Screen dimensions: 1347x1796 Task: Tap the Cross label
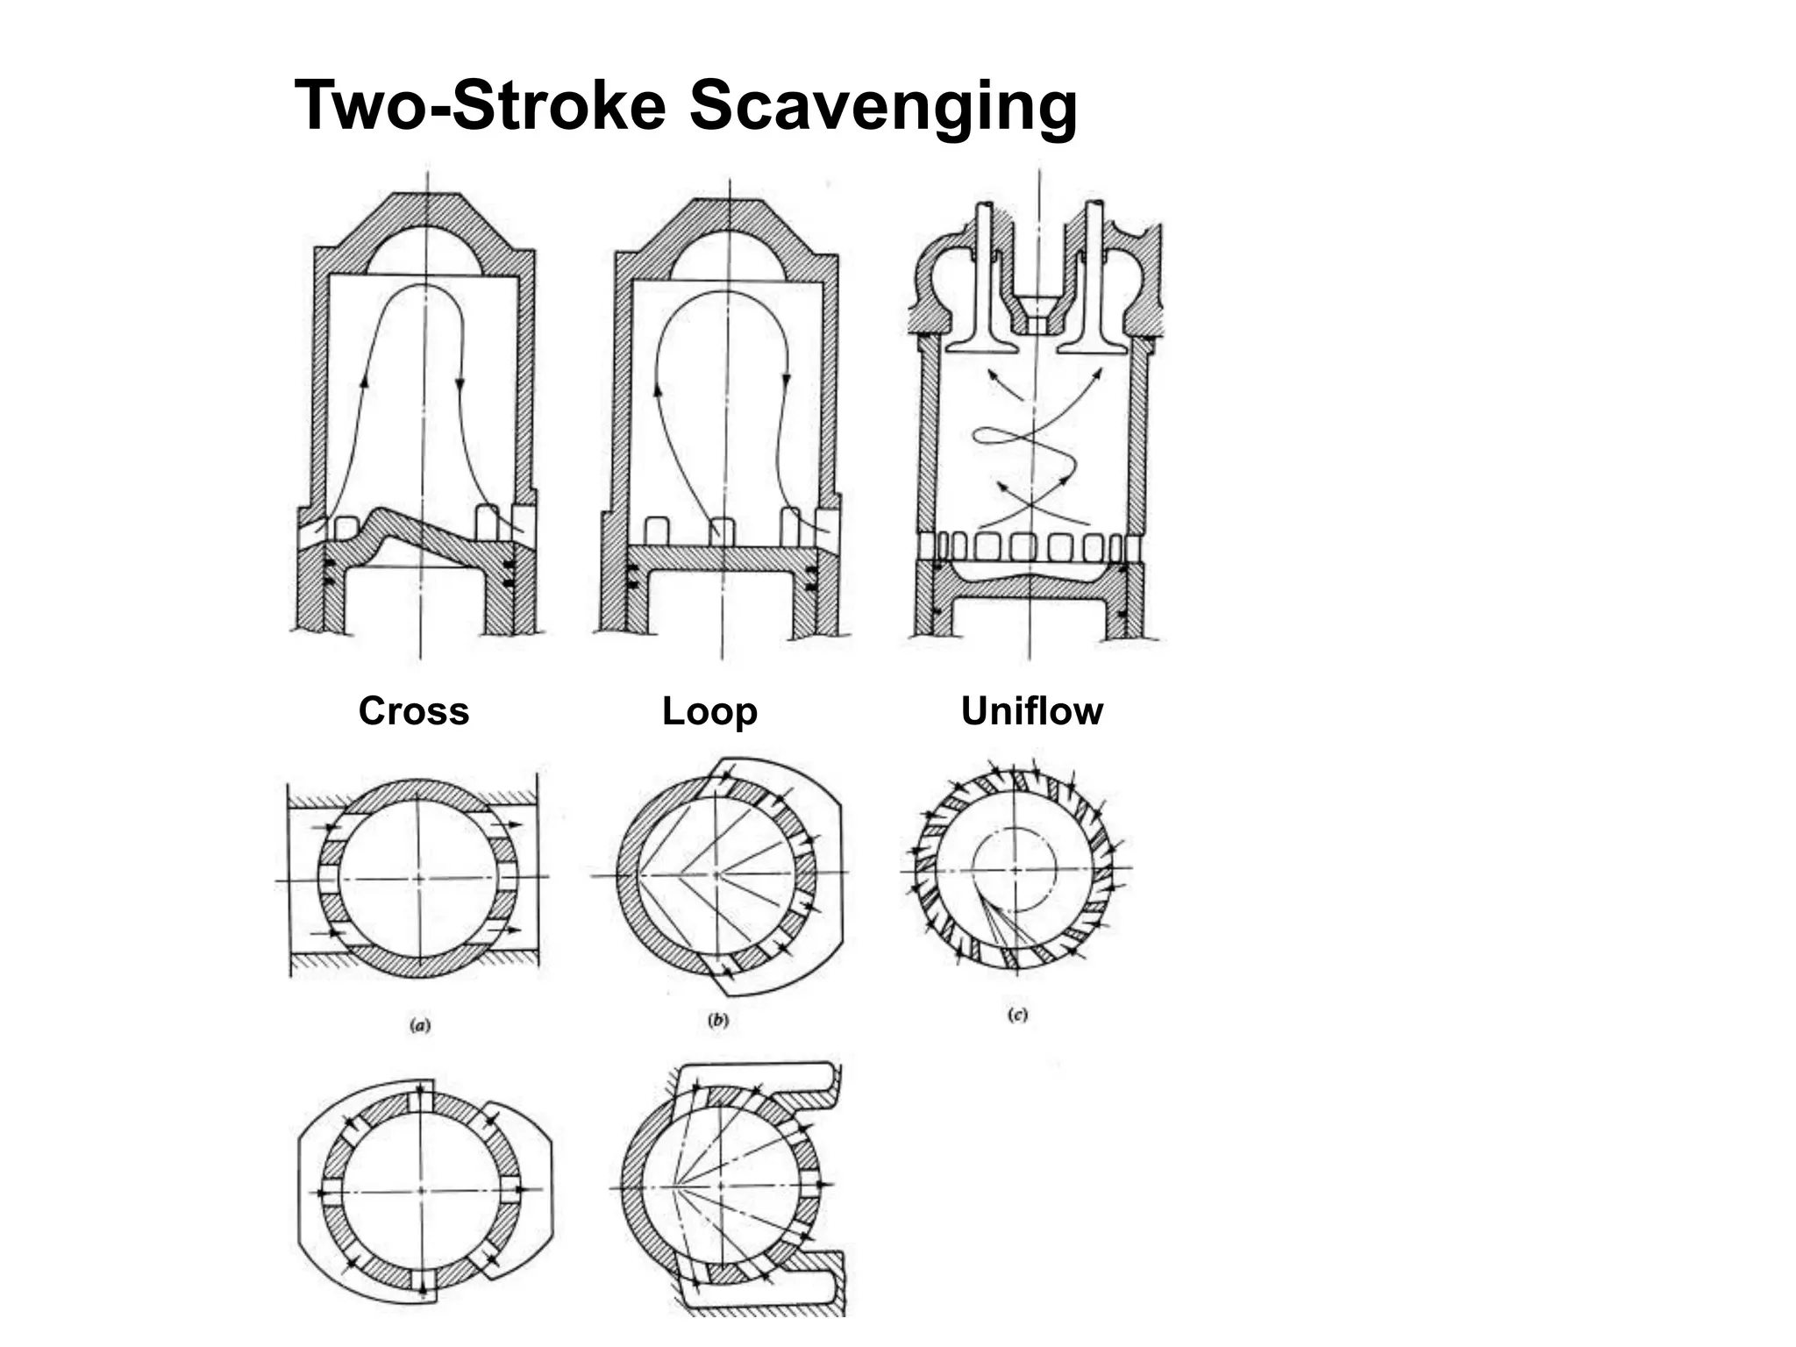pos(413,710)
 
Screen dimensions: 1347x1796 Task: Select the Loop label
pos(709,710)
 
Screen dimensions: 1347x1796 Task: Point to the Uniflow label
pos(1031,710)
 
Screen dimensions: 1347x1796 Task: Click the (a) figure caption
pos(421,1024)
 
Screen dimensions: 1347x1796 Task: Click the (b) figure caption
pos(718,1020)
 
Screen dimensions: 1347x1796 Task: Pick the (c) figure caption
pos(1017,1016)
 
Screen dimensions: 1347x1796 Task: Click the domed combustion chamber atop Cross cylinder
pos(424,251)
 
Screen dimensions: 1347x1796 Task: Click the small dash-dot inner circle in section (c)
pos(1017,868)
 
